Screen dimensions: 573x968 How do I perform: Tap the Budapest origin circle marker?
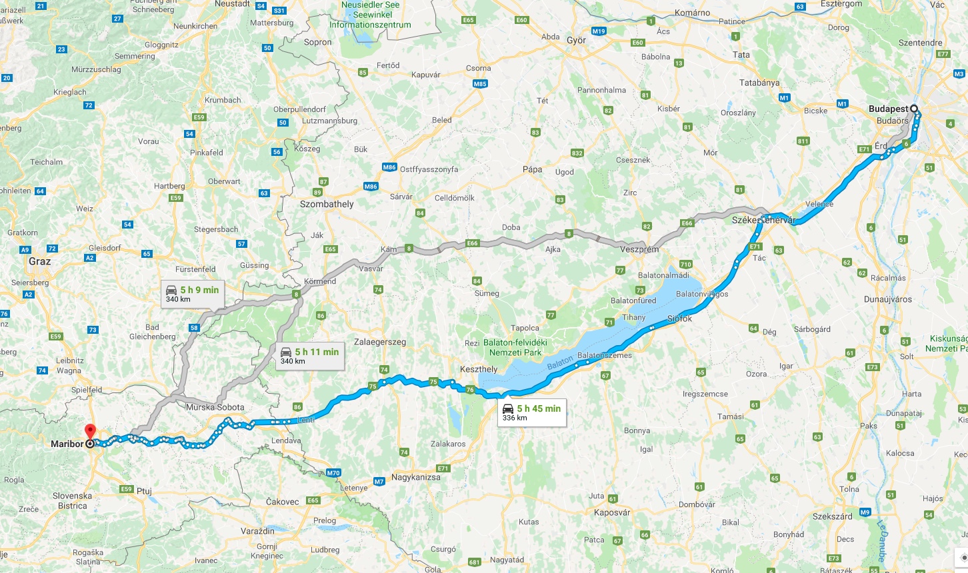(914, 109)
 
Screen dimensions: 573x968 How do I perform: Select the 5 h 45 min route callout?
(531, 413)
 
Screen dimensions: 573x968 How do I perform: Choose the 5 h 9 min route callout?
(192, 294)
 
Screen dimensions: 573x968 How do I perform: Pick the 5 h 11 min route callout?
(310, 356)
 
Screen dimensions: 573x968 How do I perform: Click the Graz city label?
(39, 261)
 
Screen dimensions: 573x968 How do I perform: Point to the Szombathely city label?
(327, 204)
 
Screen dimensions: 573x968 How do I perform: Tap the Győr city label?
(576, 40)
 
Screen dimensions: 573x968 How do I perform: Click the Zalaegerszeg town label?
(380, 342)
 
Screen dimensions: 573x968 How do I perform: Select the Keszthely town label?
(479, 369)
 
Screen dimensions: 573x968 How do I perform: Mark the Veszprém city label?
(639, 249)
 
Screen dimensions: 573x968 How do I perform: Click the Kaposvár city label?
(611, 512)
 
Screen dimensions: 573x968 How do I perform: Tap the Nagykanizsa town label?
(415, 477)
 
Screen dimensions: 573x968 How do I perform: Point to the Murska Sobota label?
(215, 407)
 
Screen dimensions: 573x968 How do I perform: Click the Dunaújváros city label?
(887, 299)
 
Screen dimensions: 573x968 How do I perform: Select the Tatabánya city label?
(759, 83)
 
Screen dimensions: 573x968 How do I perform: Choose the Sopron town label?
(317, 42)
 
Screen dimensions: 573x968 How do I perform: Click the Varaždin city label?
(258, 531)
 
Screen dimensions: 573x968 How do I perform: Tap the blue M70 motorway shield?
(333, 473)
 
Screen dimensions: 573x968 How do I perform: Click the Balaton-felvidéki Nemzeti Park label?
(515, 347)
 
